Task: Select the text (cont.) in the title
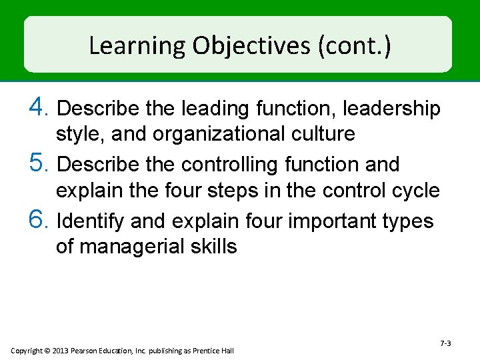click(355, 46)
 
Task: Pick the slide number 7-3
click(445, 343)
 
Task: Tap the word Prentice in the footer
click(207, 351)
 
